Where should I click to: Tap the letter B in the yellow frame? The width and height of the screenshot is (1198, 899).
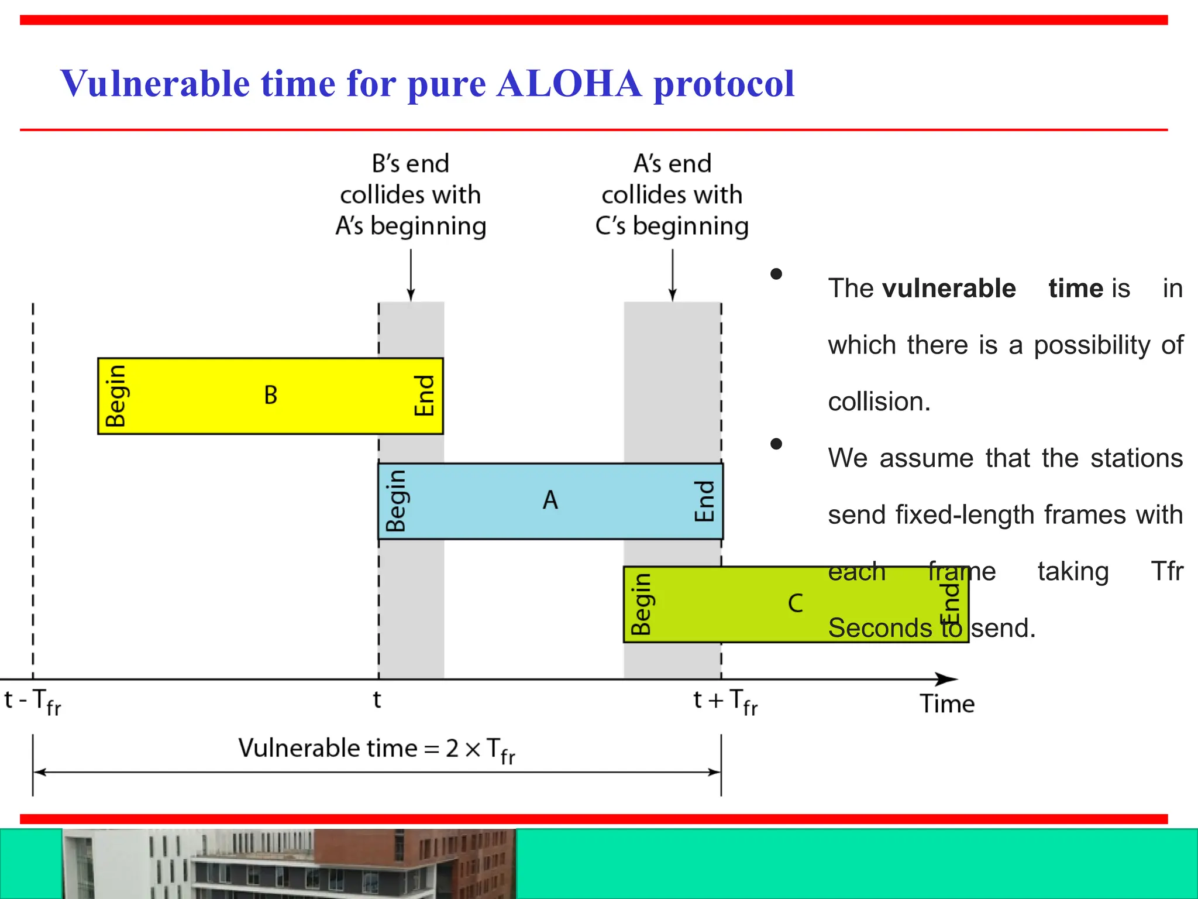coord(270,395)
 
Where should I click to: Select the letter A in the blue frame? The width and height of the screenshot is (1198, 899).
coord(550,500)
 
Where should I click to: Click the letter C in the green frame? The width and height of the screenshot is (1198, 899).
coord(796,603)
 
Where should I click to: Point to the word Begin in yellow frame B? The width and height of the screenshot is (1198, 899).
coord(115,396)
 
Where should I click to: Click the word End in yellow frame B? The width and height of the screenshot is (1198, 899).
coord(424,396)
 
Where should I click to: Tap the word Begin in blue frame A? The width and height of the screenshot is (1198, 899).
coord(396,500)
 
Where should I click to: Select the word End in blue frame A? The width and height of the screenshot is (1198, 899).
coord(704,501)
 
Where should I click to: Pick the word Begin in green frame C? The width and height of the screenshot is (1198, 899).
coord(641,604)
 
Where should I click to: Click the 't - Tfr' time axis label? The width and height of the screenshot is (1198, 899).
coord(33,701)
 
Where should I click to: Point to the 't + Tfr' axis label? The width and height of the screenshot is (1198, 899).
coord(725,701)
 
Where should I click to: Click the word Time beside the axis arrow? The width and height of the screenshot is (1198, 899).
coord(947,704)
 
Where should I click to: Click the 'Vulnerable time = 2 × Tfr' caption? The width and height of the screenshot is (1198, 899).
coord(376,749)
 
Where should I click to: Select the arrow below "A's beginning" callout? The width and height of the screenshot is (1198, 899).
coord(411,275)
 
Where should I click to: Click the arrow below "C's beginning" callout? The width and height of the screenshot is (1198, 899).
coord(673,275)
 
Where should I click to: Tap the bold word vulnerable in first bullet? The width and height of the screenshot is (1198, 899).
coord(949,289)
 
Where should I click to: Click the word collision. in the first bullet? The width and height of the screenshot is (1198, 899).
coord(879,402)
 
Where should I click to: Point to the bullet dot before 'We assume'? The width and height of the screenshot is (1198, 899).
coord(776,444)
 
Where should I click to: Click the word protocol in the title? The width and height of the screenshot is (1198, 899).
coord(724,84)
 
